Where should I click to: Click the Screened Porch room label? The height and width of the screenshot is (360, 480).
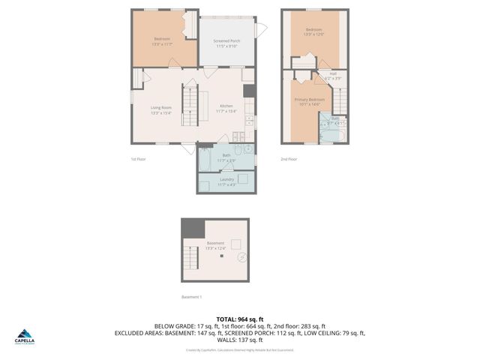click(226, 43)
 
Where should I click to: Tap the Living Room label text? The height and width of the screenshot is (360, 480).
click(161, 110)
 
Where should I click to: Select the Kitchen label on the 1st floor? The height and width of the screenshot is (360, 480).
click(226, 108)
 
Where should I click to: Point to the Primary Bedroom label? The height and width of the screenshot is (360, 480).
click(309, 101)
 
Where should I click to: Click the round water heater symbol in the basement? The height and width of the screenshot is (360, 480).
click(241, 256)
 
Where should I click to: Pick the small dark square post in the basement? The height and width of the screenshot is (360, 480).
click(221, 256)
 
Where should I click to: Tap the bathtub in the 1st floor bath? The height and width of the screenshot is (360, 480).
click(205, 161)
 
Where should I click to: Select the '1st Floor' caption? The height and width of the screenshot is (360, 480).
click(139, 159)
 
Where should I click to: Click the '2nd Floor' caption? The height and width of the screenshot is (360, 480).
click(289, 159)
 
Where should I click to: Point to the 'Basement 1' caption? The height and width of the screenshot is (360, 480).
click(191, 297)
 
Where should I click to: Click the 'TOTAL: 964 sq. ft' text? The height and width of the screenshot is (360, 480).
click(239, 319)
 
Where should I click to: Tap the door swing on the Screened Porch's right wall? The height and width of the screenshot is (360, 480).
click(261, 30)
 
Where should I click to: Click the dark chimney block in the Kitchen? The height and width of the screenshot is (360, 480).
click(249, 91)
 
